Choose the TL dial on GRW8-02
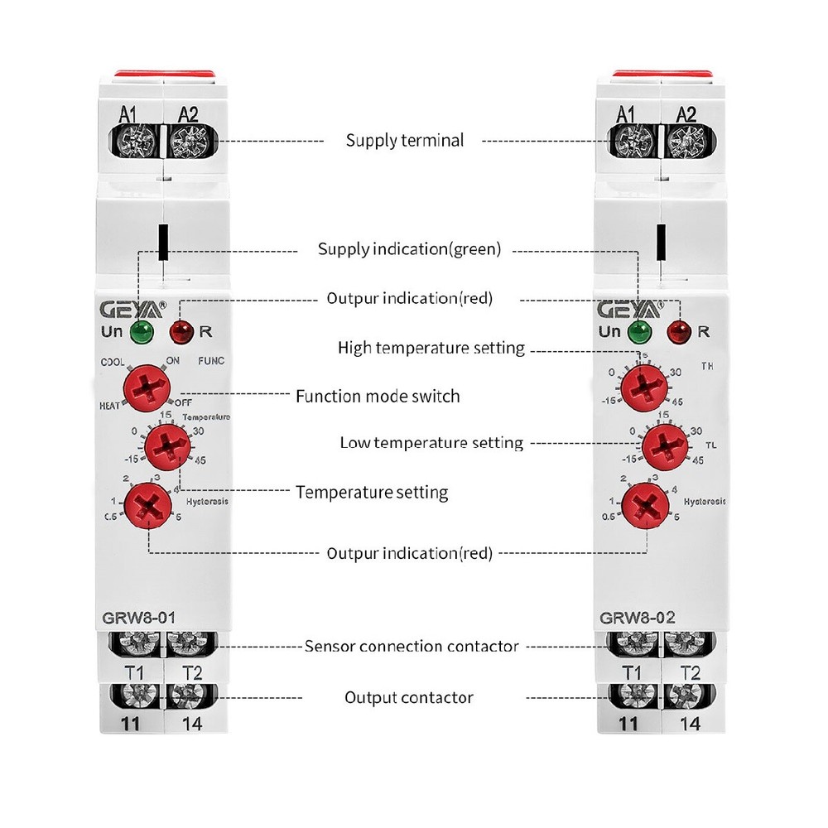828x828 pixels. [666, 445]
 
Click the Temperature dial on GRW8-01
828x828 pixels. [168, 445]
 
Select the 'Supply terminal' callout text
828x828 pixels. [405, 141]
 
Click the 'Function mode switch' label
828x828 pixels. [378, 397]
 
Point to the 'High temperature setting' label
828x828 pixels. [431, 348]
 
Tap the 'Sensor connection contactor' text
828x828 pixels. [412, 646]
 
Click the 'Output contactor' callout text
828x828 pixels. [409, 698]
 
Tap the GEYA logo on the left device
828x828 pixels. [132, 310]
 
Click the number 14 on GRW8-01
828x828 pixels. [192, 723]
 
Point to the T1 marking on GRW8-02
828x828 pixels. [632, 672]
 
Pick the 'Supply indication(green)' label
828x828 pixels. [410, 249]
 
